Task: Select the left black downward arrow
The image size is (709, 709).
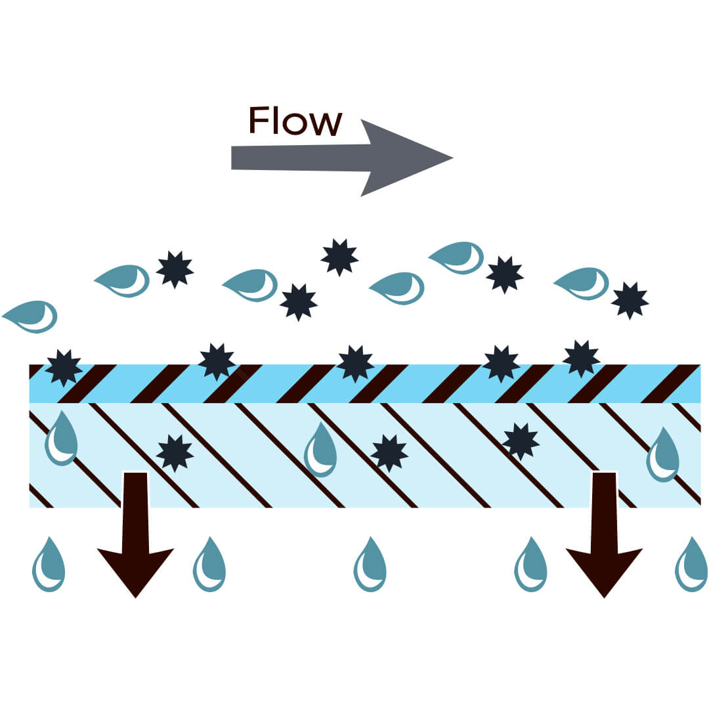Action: pyautogui.click(x=135, y=532)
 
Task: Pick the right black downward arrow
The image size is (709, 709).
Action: pyautogui.click(x=604, y=532)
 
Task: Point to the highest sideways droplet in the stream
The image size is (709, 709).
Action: pyautogui.click(x=457, y=257)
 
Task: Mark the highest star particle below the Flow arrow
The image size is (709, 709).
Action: pyautogui.click(x=339, y=257)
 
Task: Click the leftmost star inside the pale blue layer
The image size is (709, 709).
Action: pyautogui.click(x=175, y=452)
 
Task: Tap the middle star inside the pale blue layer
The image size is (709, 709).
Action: pyautogui.click(x=389, y=452)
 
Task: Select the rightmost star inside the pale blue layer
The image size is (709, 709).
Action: pyautogui.click(x=520, y=442)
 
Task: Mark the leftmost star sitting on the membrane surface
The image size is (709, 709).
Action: pyautogui.click(x=64, y=368)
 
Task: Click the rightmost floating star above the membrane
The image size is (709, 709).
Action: pyautogui.click(x=630, y=301)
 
